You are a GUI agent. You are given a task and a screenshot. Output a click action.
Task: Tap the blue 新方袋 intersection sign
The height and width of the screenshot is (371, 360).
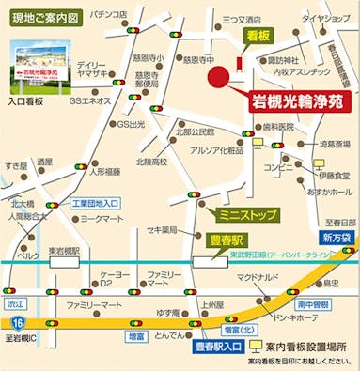(337, 238)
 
